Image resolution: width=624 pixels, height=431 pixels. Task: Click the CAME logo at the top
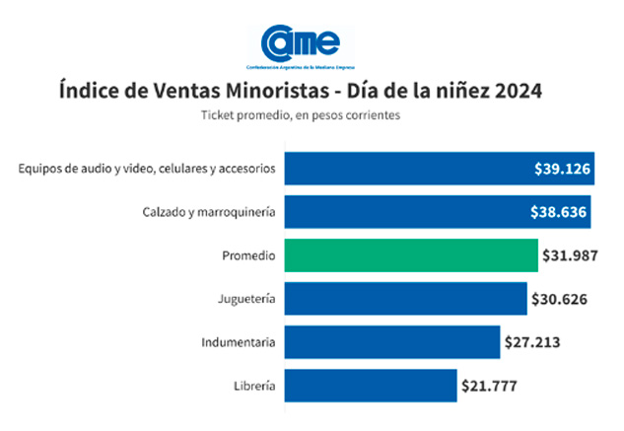pos(301,43)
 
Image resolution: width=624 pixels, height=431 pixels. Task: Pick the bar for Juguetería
pos(405,299)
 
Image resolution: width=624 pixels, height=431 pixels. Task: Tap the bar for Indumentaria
pos(392,342)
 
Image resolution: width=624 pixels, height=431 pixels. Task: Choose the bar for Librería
pos(371,386)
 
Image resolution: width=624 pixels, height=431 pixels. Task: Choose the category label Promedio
pos(247,255)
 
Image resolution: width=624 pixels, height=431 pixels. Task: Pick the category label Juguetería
pos(245,299)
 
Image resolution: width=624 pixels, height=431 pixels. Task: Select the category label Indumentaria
pos(237,342)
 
